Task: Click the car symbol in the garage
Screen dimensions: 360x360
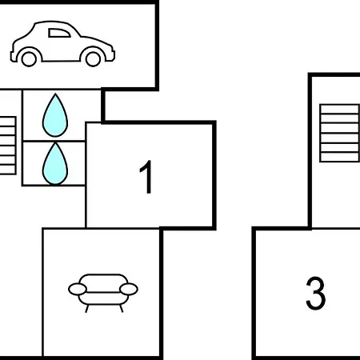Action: pos(62,43)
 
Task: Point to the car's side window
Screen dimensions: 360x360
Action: pos(59,33)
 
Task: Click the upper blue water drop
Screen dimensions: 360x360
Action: pos(55,115)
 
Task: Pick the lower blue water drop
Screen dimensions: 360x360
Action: pos(55,163)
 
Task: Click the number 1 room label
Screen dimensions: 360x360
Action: pos(146,177)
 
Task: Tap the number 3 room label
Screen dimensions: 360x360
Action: pos(316,293)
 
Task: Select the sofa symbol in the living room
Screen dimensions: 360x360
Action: pos(103,293)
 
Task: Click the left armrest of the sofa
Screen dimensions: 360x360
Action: pos(78,290)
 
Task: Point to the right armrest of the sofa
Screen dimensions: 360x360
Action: pos(129,290)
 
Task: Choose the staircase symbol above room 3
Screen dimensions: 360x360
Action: pos(339,133)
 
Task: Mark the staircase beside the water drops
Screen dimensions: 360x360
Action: pos(8,146)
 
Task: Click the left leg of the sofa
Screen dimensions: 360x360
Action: pos(86,309)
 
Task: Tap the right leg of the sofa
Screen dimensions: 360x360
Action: pos(121,309)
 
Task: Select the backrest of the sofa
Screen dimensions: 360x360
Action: pos(103,279)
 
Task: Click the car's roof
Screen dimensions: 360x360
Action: pos(54,22)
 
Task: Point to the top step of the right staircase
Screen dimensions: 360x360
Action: pos(339,109)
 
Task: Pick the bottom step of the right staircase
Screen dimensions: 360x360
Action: pos(339,157)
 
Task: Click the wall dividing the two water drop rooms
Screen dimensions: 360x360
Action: pos(54,141)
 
